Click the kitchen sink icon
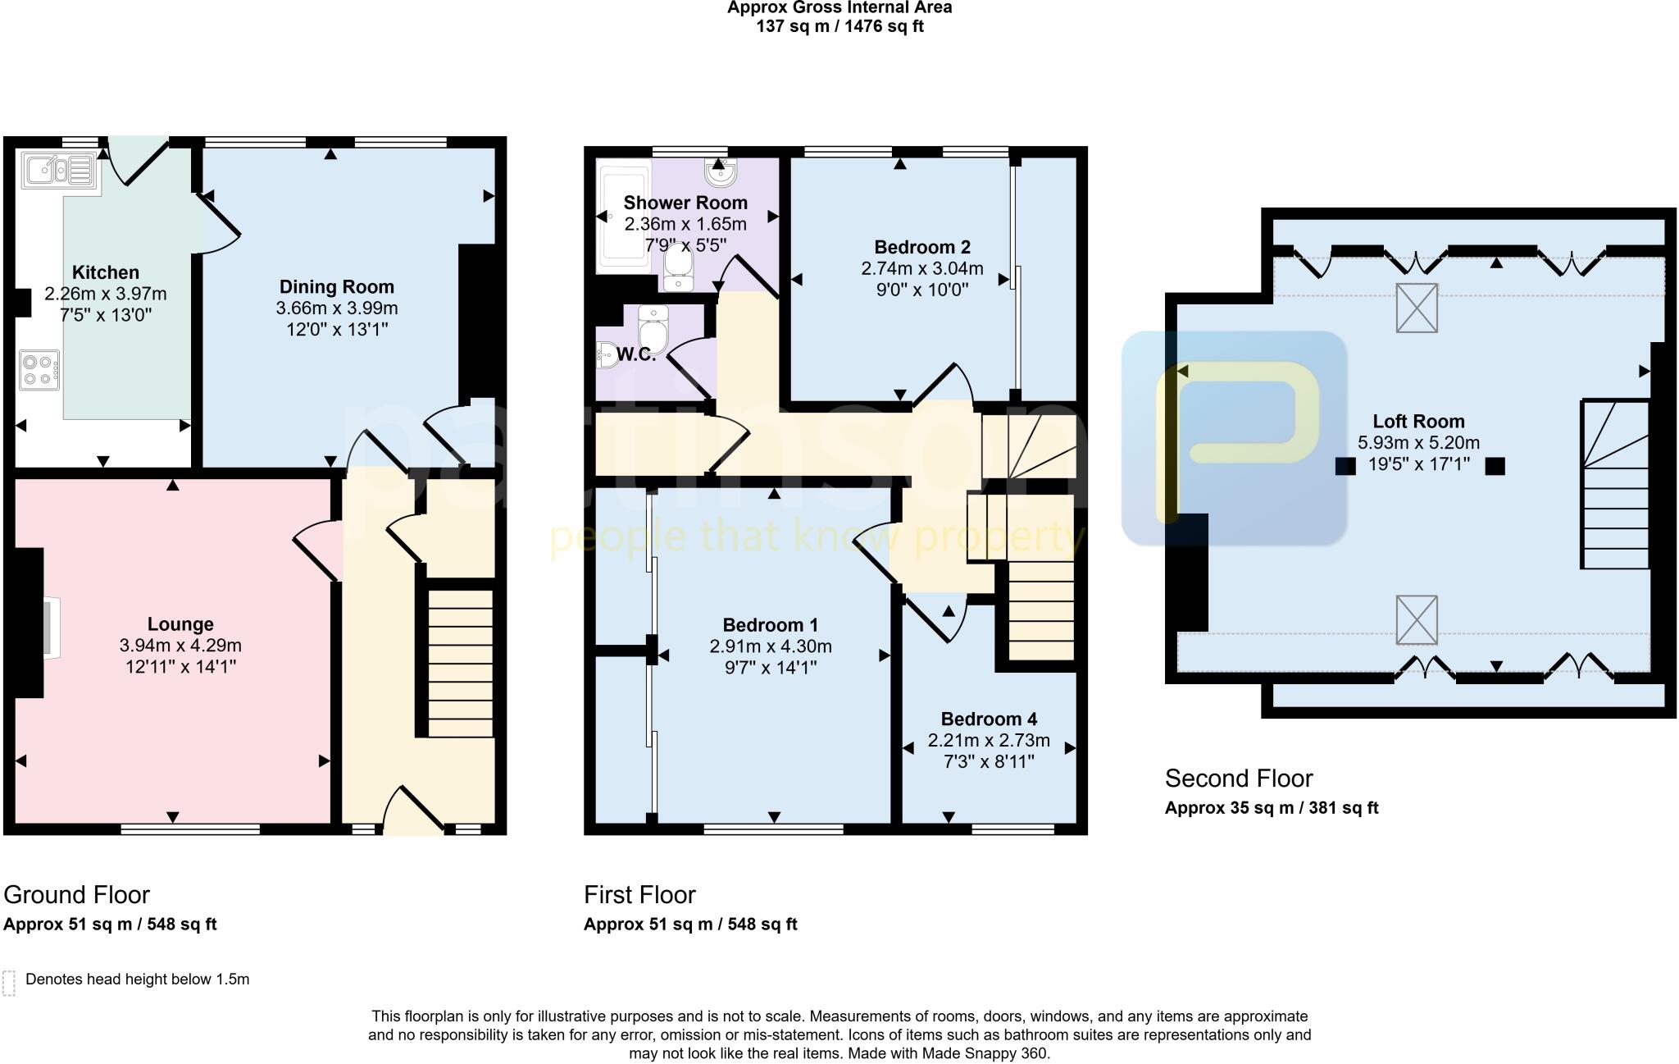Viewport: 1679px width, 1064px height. pyautogui.click(x=60, y=171)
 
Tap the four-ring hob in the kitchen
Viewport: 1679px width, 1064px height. pyautogui.click(x=39, y=369)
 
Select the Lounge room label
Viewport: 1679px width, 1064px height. pyautogui.click(x=180, y=624)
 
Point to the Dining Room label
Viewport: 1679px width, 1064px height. pyautogui.click(x=336, y=287)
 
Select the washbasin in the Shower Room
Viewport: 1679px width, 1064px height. pyautogui.click(x=720, y=173)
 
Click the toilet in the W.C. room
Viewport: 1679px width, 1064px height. pyautogui.click(x=653, y=330)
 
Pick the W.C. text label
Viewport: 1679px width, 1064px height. pyautogui.click(x=636, y=355)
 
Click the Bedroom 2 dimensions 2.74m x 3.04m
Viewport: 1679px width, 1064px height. pyautogui.click(x=921, y=269)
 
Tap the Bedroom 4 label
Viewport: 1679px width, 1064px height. pyautogui.click(x=989, y=719)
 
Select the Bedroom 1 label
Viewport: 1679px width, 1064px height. pyautogui.click(x=770, y=625)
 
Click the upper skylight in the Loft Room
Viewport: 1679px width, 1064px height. pyautogui.click(x=1417, y=308)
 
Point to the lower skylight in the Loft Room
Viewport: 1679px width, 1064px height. pyautogui.click(x=1417, y=620)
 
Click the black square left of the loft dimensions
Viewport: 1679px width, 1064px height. pyautogui.click(x=1345, y=466)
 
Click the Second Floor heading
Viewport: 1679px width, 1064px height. pyautogui.click(x=1238, y=779)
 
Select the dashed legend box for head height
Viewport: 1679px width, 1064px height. pyautogui.click(x=9, y=983)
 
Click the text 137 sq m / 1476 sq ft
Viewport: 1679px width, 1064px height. pyautogui.click(x=839, y=26)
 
